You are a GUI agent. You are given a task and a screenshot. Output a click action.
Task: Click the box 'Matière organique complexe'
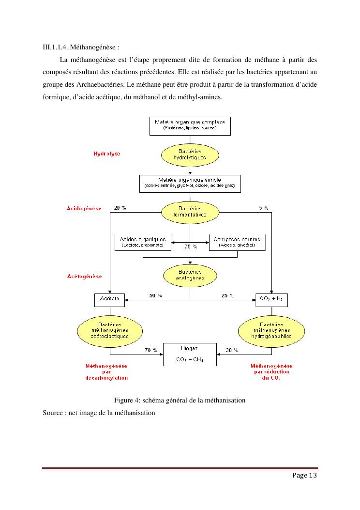click(189, 125)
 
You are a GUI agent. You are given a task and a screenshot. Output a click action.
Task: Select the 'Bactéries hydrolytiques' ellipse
click(190, 155)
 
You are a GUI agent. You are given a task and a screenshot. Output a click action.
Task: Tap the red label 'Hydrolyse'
click(106, 154)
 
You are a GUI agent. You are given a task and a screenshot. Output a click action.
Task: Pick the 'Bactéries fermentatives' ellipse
click(190, 212)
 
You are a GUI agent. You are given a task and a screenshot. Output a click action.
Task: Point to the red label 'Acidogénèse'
click(84, 208)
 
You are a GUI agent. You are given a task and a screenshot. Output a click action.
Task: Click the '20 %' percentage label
click(120, 208)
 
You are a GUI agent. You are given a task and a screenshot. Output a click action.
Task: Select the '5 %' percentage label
click(263, 208)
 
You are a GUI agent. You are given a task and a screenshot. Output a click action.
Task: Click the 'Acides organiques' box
click(143, 242)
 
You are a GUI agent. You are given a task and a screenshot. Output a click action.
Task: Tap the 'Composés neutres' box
click(237, 242)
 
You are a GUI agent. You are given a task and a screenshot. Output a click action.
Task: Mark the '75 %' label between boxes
click(191, 247)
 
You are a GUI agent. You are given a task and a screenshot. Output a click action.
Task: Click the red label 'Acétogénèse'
click(84, 276)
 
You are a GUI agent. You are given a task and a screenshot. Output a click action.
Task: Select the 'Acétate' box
click(109, 300)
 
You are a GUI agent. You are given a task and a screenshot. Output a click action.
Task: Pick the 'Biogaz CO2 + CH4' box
click(190, 354)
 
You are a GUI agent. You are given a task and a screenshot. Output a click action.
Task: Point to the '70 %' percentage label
click(151, 350)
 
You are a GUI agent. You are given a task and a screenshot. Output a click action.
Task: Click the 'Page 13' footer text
click(304, 476)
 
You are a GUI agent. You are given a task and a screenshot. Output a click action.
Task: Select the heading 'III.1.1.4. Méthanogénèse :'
click(81, 47)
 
